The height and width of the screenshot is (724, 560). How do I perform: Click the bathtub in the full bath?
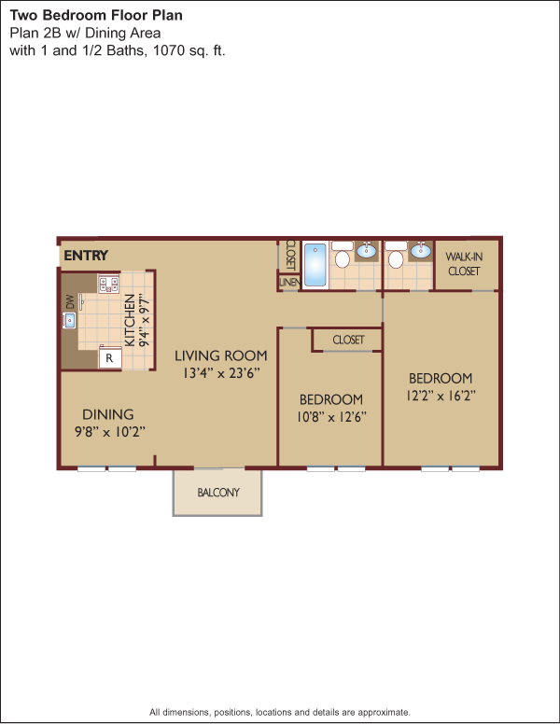pos(315,265)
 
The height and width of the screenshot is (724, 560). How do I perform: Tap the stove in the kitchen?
pos(108,283)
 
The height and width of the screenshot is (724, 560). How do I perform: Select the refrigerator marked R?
pos(110,358)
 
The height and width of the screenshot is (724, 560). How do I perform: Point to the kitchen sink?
pos(69,320)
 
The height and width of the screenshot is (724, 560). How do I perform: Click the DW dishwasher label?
pos(70,301)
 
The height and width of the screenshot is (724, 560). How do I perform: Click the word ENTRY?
pos(86,256)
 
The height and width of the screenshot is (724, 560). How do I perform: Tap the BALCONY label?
pos(218,493)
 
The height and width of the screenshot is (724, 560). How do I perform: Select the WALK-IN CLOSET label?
pos(464,264)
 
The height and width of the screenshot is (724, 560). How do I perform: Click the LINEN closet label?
pos(289,282)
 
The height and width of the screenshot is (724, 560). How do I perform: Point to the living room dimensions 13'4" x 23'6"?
pos(221,373)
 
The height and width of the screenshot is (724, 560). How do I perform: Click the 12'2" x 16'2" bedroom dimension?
pos(441,396)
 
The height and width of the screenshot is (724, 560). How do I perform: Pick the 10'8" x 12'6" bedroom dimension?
pos(331,417)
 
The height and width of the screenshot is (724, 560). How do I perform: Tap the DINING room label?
pos(108,414)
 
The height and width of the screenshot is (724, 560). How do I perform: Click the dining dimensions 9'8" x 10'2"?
pos(110,432)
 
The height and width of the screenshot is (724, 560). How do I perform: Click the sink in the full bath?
pos(367,250)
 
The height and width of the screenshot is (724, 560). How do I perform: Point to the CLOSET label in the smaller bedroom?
pos(348,340)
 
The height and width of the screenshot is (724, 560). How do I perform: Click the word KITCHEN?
pos(131,320)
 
